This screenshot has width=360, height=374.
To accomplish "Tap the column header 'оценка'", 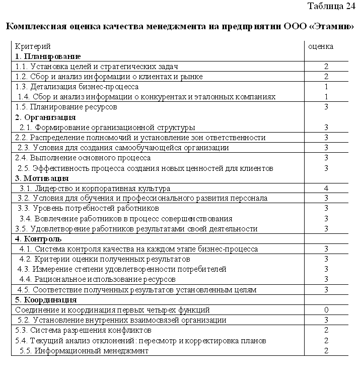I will click(320, 46).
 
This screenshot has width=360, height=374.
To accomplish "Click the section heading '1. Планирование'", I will click(48, 56).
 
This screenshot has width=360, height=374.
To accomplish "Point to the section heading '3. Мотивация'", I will click(42, 178).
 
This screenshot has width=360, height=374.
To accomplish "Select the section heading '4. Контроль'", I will click(39, 239).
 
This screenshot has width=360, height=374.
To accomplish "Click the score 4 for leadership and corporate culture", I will click(327, 188).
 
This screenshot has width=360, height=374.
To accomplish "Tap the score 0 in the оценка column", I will click(327, 310).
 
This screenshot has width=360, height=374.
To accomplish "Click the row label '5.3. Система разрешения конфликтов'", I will click(84, 330).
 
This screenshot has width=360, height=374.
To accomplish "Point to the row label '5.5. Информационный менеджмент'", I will click(84, 351).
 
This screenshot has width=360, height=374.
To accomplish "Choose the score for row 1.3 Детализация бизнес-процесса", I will click(327, 87).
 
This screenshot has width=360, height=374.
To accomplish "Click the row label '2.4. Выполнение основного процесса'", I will click(83, 158).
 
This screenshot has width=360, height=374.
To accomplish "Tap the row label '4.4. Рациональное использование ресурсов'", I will click(97, 279).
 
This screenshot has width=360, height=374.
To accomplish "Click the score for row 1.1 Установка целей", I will click(327, 66).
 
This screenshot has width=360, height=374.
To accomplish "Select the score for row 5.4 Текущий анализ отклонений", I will click(327, 341).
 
